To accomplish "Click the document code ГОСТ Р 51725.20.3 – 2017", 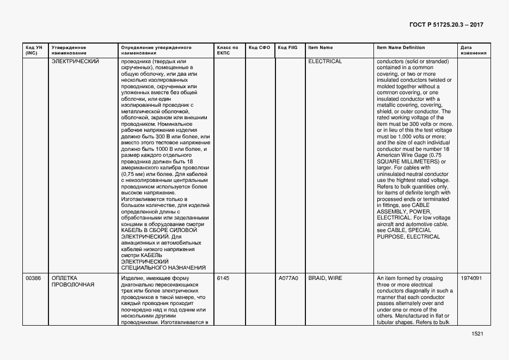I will click(x=446, y=25).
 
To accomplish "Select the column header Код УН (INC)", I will click(x=30, y=50).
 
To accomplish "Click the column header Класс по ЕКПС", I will click(x=227, y=50).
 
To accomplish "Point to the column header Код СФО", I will click(x=259, y=48).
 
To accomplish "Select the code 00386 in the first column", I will click(x=33, y=278).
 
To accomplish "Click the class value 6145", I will click(x=223, y=278).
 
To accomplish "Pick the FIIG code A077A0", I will click(x=289, y=278).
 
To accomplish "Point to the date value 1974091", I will click(x=471, y=278).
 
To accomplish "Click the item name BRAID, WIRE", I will click(x=325, y=278).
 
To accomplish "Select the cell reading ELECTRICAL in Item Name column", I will click(x=325, y=62).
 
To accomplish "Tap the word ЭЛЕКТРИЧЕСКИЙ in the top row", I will click(x=75, y=62).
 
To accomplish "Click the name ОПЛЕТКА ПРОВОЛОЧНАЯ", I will click(x=73, y=282).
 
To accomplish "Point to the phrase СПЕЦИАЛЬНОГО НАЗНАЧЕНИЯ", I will click(x=163, y=268).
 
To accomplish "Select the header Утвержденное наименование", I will click(x=69, y=50).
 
